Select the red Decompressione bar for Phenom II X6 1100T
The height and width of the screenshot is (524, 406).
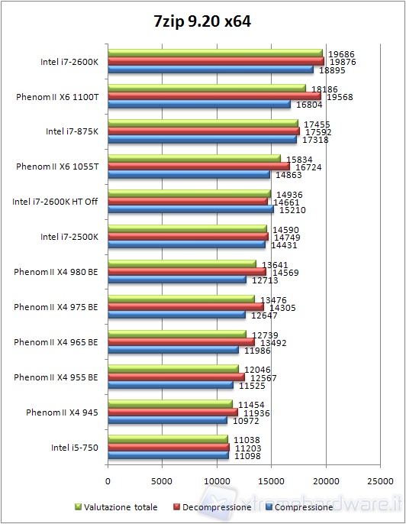(x=214, y=96)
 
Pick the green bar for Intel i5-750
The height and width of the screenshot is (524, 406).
(x=168, y=439)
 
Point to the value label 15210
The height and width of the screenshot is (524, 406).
(x=288, y=209)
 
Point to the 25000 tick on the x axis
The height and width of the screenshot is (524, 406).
(x=380, y=482)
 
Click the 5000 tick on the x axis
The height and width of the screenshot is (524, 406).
(x=163, y=482)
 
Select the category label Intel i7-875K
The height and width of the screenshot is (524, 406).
(x=72, y=131)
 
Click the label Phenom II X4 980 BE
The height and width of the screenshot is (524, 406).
(x=56, y=271)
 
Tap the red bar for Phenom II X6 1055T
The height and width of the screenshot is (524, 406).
(x=198, y=166)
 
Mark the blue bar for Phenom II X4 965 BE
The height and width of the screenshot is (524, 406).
(x=173, y=350)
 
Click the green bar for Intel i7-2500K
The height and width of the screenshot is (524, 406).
(x=187, y=228)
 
